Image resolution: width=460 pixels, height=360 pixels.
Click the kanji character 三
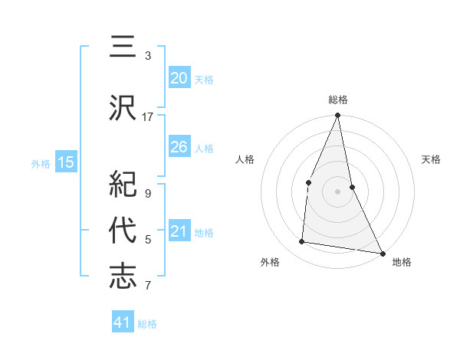pos(123,50)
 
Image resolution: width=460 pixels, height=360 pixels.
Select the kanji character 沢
pos(123,107)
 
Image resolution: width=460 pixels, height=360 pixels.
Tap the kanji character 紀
pos(123,185)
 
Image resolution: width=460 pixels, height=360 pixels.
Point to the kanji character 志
pos(123,277)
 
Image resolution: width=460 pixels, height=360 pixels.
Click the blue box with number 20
pos(179,78)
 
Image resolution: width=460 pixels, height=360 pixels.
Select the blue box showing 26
pos(179,147)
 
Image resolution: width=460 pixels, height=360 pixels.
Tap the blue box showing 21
pos(179,232)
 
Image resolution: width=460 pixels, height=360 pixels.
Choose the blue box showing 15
pos(66,162)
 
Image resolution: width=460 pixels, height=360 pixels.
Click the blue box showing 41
pos(123,322)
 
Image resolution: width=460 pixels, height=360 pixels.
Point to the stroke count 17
pos(148,117)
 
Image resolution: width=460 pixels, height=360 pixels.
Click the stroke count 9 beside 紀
pos(148,194)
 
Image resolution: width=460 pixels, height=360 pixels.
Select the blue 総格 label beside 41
pos(147,324)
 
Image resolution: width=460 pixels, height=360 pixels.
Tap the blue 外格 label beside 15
pos(41,163)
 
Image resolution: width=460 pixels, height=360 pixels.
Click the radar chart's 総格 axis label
pos(338,100)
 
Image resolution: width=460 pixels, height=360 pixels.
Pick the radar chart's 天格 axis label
pos(432,159)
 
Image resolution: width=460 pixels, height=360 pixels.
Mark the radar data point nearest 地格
pos(382,253)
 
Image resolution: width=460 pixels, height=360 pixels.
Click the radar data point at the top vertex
pos(338,116)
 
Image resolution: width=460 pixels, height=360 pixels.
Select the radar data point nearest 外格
pos(302,242)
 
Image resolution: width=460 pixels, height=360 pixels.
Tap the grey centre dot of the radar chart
pos(338,191)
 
